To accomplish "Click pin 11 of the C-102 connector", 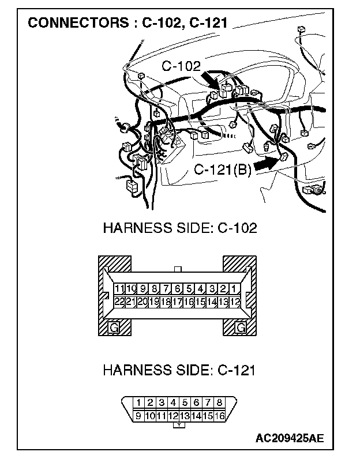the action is (119, 289).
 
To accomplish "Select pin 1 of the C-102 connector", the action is (235, 289).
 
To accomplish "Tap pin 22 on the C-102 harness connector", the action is (119, 301).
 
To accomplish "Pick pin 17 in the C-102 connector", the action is (177, 301).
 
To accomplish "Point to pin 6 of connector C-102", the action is (177, 289).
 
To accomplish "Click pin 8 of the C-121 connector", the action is (219, 402).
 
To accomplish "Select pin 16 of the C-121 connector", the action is (219, 416).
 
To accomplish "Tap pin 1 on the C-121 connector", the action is (138, 402).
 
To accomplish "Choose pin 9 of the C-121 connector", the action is (138, 416).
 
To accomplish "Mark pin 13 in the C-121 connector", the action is (185, 416).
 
